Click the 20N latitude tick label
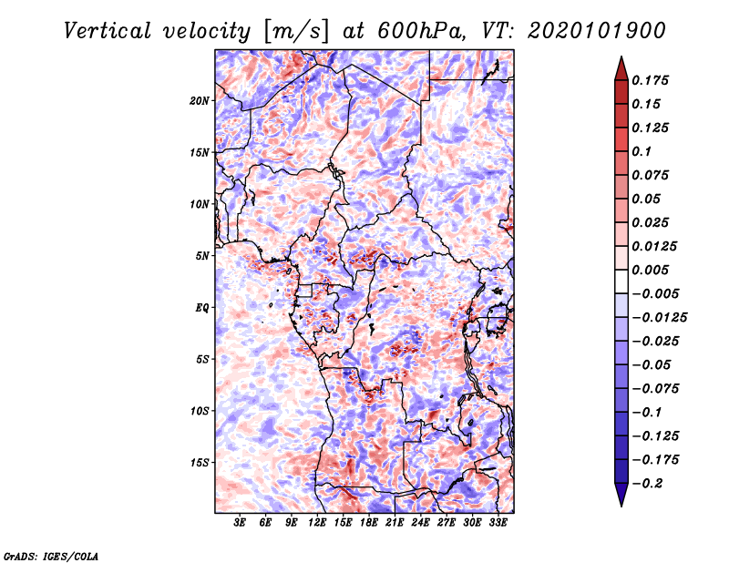click(200, 101)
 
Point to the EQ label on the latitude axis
click(202, 308)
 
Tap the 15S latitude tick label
click(200, 463)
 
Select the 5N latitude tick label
click(202, 256)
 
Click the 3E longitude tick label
click(240, 522)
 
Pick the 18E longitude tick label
click(369, 522)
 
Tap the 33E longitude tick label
click(498, 522)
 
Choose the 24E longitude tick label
click(420, 522)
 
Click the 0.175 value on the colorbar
click(650, 80)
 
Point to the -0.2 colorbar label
click(648, 484)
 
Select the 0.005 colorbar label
click(650, 270)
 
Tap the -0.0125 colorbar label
click(660, 318)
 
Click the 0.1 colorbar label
click(642, 151)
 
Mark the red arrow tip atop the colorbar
click(621, 57)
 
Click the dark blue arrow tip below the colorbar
click(621, 506)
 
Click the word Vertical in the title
click(108, 31)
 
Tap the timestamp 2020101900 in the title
click(597, 31)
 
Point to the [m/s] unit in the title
click(296, 31)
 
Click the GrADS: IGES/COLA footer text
click(51, 556)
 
